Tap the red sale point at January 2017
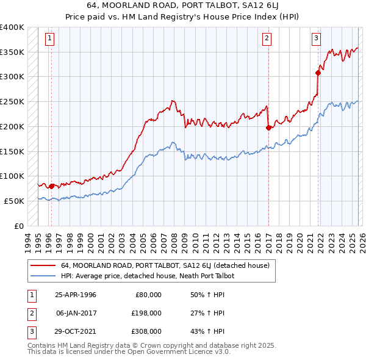[268, 128]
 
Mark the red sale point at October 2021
[318, 73]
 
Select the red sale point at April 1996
[51, 186]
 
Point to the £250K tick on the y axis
[12, 102]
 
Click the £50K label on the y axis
[15, 201]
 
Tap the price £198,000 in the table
[146, 313]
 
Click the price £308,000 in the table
[146, 331]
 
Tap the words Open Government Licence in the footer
[168, 352]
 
